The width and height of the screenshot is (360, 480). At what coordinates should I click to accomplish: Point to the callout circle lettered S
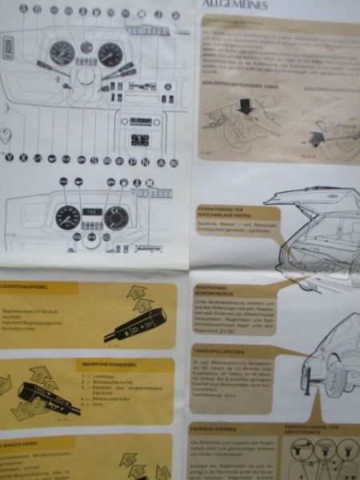(94, 160)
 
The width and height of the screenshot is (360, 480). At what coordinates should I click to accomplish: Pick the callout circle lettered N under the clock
(145, 161)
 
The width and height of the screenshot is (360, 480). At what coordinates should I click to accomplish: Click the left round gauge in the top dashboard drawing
(62, 54)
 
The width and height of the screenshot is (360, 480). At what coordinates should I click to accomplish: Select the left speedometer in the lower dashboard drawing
(68, 218)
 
